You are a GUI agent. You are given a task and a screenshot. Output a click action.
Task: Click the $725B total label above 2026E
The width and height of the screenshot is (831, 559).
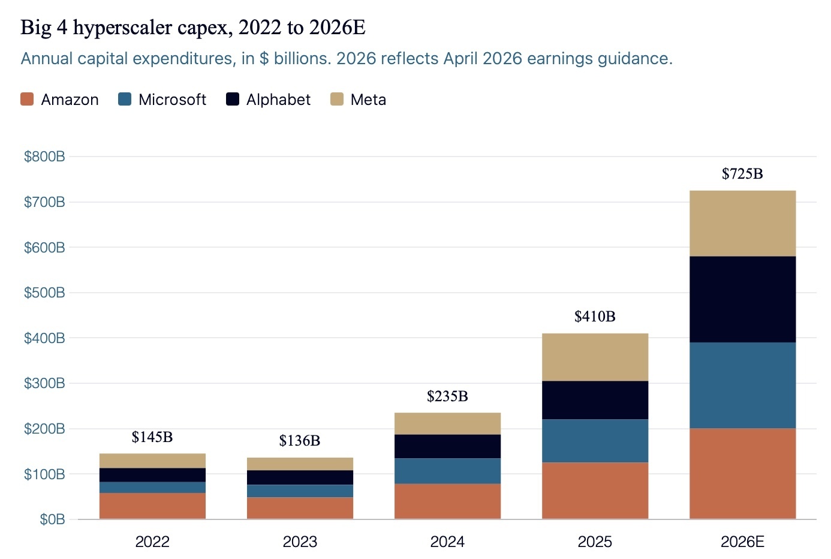tap(742, 174)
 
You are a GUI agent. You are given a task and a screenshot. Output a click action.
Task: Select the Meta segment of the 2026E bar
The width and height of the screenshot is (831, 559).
tap(743, 224)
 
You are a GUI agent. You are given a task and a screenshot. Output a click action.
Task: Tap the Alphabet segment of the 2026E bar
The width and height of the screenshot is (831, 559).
tap(743, 299)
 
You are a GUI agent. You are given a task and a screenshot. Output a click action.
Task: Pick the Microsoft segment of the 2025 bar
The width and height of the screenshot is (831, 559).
tap(595, 441)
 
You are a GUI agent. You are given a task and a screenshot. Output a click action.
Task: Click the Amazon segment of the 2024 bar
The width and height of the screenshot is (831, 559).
tap(447, 501)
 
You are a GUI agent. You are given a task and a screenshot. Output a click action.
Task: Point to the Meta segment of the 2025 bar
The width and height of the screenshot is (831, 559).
tap(595, 357)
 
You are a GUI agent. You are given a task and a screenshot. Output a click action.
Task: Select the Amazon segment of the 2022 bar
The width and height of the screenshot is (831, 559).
tap(152, 506)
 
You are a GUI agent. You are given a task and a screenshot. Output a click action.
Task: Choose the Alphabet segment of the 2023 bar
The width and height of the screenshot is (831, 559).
tap(300, 477)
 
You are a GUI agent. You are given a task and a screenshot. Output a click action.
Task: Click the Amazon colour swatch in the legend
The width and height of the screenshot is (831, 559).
tap(27, 100)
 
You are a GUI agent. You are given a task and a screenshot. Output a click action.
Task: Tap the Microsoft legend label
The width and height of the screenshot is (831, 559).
tap(172, 100)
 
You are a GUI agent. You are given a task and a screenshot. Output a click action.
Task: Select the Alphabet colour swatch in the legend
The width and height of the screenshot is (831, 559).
tap(233, 100)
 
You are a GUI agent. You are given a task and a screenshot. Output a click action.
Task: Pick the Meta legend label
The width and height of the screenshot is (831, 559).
tap(368, 100)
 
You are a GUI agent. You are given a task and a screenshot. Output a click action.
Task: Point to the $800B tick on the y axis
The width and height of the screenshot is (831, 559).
tap(44, 157)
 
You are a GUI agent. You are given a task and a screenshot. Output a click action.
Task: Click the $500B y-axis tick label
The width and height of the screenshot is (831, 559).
tap(44, 293)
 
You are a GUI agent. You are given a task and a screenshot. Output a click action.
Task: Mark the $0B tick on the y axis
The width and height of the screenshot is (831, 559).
tap(52, 519)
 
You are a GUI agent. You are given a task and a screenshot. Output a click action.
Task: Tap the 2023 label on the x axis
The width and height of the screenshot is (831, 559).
tap(300, 542)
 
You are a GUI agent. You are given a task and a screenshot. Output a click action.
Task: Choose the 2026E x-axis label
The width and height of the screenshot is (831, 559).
tap(743, 542)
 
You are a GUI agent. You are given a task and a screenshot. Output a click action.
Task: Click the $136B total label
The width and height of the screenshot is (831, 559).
tap(300, 441)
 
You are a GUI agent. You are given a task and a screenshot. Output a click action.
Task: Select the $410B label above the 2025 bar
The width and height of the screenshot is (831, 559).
tap(595, 316)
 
